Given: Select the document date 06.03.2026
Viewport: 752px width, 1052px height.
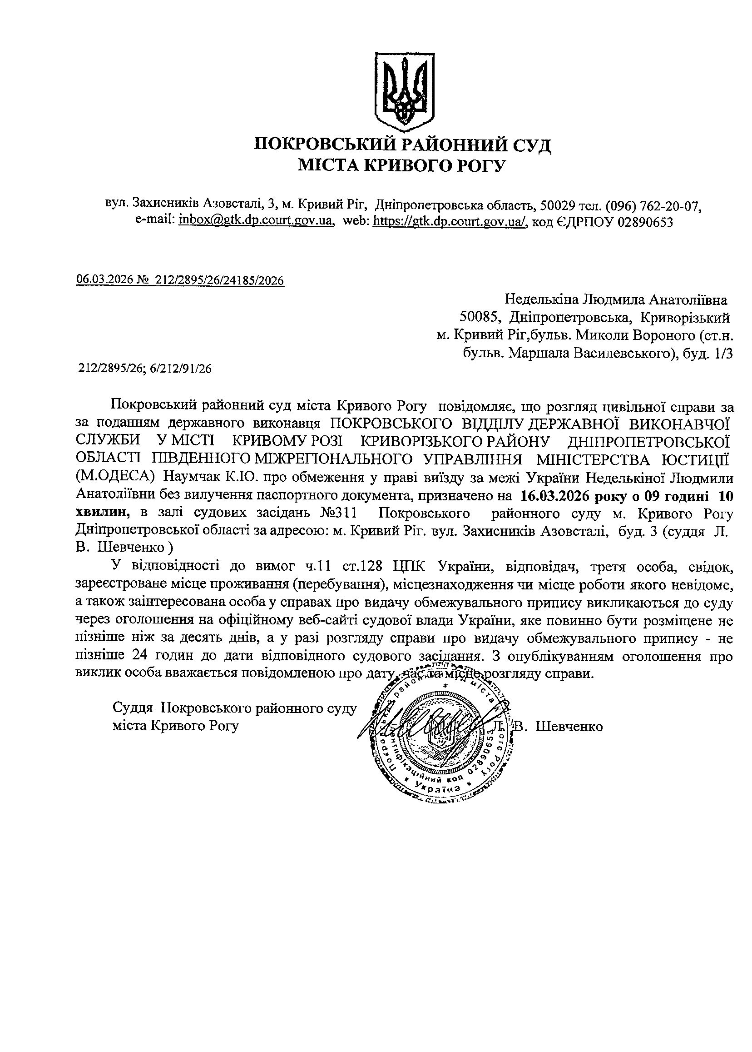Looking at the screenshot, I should tap(105, 280).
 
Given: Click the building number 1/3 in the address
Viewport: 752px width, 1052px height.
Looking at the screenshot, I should tap(724, 354).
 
